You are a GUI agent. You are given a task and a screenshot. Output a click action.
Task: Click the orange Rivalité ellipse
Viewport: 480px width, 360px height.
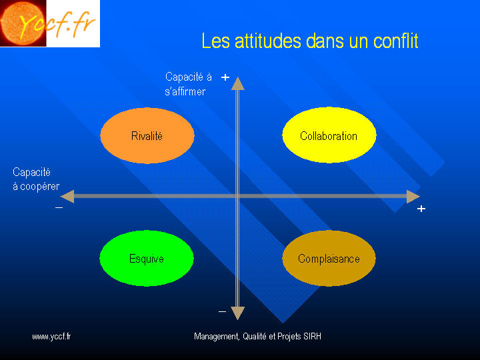click(x=147, y=135)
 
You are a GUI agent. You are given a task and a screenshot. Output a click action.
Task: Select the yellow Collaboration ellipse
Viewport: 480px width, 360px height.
click(x=329, y=135)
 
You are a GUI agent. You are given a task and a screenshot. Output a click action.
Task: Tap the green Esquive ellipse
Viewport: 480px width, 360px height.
click(x=147, y=259)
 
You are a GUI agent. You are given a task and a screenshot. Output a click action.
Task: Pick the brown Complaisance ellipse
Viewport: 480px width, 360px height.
click(x=329, y=259)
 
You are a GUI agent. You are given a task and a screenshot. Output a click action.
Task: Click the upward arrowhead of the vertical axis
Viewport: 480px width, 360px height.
click(x=237, y=83)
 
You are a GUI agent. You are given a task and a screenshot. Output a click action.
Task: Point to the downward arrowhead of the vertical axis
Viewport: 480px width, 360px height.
click(x=237, y=313)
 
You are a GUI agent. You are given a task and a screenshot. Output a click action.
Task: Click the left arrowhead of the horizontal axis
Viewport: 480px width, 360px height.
click(x=67, y=197)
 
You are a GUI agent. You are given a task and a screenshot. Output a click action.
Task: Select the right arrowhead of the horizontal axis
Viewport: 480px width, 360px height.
click(x=413, y=197)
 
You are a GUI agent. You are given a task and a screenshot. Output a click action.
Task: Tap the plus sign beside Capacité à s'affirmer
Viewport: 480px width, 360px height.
click(x=225, y=77)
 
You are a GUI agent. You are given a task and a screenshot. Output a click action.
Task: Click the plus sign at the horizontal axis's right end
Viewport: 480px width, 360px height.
click(x=421, y=209)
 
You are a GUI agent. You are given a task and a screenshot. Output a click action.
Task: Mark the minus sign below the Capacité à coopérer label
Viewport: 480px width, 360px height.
click(x=59, y=208)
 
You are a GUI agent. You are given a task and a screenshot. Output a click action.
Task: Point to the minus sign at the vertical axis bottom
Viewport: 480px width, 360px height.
click(x=222, y=312)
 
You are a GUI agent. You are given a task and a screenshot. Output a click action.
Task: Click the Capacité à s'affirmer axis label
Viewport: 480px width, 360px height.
click(x=188, y=84)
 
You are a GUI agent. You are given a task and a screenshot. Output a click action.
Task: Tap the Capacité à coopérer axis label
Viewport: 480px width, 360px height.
click(x=36, y=179)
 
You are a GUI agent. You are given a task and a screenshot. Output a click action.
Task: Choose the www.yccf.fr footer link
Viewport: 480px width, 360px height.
click(x=51, y=337)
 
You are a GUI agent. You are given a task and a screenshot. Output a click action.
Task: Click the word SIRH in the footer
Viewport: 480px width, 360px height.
click(x=312, y=337)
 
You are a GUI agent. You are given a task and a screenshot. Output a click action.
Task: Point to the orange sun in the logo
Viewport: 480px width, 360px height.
click(x=23, y=23)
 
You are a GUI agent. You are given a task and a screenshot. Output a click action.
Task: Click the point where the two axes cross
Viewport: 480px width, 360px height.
click(x=237, y=197)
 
